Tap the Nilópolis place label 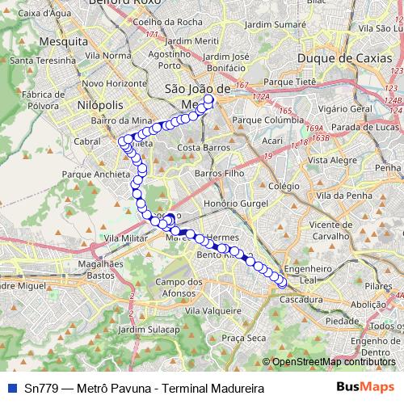tap(100, 105)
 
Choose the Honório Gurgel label tap(236, 204)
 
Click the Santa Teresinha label tap(33, 60)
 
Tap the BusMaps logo tap(365, 388)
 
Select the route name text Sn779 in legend tap(39, 389)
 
